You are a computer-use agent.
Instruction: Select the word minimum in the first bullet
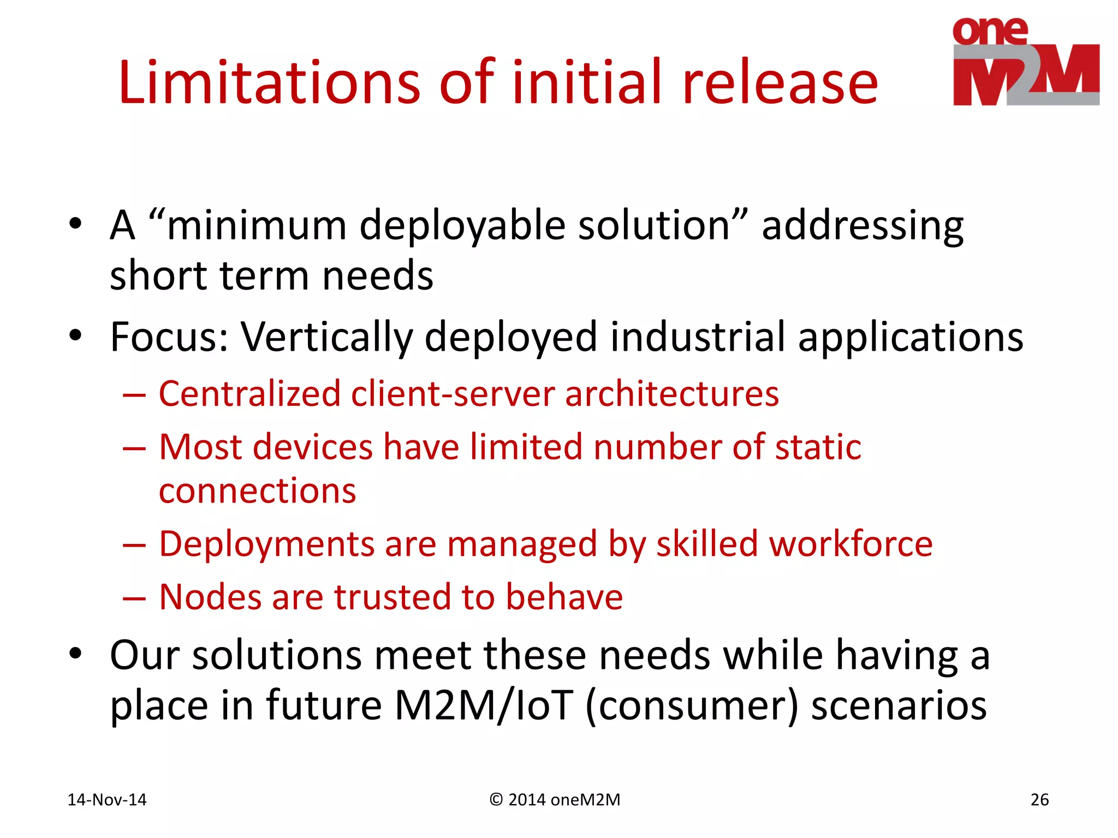pyautogui.click(x=257, y=225)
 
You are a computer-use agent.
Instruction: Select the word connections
pyautogui.click(x=257, y=491)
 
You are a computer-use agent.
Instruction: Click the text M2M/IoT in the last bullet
pyautogui.click(x=483, y=705)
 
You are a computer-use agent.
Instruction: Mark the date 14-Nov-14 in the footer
pyautogui.click(x=107, y=800)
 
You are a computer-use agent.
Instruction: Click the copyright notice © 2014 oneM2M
pyautogui.click(x=555, y=800)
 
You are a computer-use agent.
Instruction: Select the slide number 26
pyautogui.click(x=1039, y=800)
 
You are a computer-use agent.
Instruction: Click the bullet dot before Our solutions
pyautogui.click(x=75, y=653)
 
